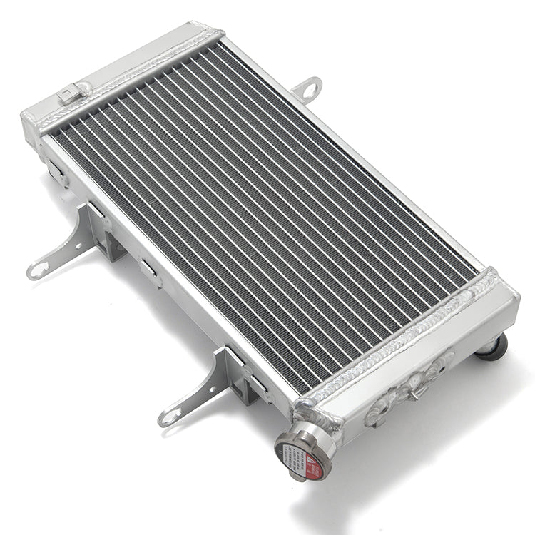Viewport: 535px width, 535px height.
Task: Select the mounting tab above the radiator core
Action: pos(307,89)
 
